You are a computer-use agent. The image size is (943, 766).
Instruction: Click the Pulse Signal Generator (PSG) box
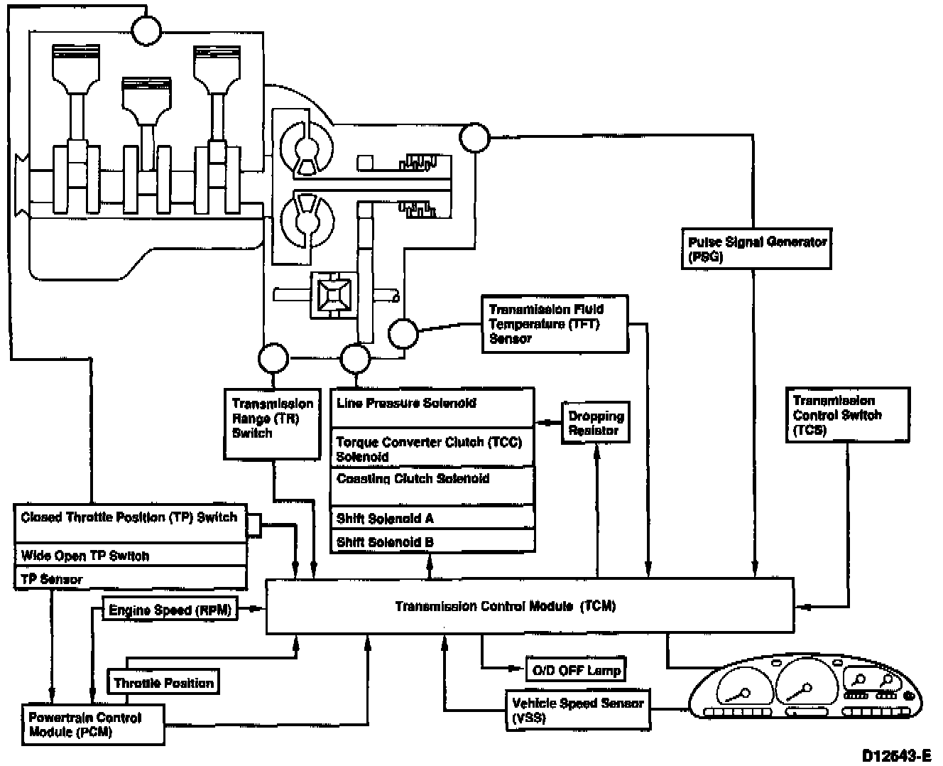(756, 249)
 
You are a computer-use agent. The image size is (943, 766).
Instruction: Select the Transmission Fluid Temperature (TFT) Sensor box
(555, 324)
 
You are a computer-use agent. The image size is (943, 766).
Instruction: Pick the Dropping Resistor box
(596, 424)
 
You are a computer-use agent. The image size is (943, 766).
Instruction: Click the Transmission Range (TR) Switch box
(273, 423)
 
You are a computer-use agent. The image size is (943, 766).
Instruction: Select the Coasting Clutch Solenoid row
(432, 485)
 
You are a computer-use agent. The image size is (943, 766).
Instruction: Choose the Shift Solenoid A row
(432, 519)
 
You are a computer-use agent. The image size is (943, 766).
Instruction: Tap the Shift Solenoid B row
(432, 541)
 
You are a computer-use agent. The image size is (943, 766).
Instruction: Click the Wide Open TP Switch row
(131, 556)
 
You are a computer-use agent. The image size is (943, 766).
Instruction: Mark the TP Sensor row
(131, 579)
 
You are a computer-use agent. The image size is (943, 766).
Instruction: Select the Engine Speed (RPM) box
(170, 610)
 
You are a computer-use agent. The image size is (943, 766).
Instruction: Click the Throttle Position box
(163, 683)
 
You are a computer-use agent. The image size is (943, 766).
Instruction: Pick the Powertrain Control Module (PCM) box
(93, 725)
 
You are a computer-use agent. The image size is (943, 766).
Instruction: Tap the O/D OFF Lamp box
(576, 669)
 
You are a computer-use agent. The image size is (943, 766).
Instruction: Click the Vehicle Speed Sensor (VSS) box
(577, 710)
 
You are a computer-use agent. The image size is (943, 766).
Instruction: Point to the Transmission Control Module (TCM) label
(506, 606)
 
